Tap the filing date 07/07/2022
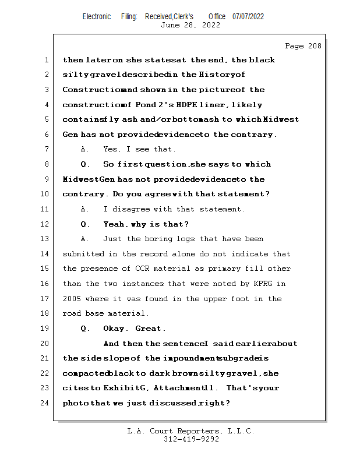coord(248,16)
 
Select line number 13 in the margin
coord(46,239)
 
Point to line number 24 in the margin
coord(46,403)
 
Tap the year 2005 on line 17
coord(73,299)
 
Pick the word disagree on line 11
coord(136,209)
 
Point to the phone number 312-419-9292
coord(191,439)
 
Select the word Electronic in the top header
coord(97,16)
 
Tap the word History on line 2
coord(215,75)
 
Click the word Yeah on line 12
coord(114,224)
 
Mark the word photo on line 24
coord(75,403)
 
